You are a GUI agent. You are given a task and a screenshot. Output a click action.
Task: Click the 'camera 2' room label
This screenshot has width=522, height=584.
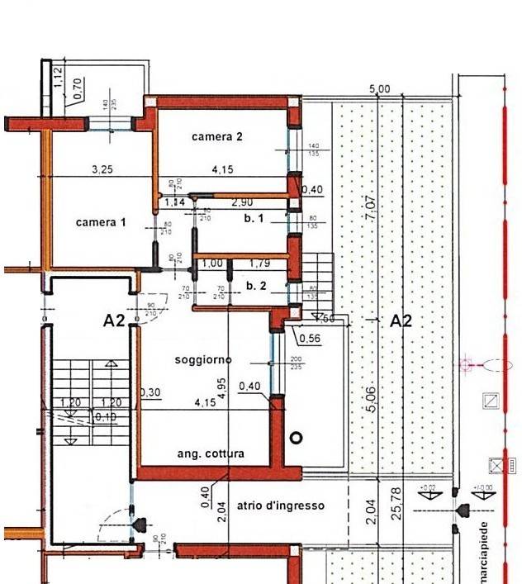tap(217, 135)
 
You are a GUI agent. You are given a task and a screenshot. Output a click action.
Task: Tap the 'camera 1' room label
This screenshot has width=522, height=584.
tap(101, 222)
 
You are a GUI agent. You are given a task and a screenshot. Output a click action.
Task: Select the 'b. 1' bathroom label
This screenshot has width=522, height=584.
tap(253, 219)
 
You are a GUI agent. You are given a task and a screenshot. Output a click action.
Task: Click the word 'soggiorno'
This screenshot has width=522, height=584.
tap(202, 359)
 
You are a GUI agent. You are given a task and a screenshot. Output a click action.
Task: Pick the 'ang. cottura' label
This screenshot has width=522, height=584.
tap(211, 453)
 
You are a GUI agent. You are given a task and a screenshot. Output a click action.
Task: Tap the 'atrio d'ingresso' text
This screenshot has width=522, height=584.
tap(280, 505)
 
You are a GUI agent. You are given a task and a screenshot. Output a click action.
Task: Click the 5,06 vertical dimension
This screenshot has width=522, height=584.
tap(371, 400)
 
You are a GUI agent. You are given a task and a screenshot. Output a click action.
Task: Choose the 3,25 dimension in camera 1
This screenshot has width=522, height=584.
tap(102, 170)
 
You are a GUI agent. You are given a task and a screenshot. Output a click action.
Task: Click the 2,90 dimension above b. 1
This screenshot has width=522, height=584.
tap(241, 202)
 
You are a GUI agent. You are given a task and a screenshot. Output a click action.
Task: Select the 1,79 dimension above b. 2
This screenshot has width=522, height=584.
tap(260, 264)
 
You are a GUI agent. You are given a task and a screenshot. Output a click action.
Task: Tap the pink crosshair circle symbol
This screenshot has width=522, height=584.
tap(466, 363)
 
